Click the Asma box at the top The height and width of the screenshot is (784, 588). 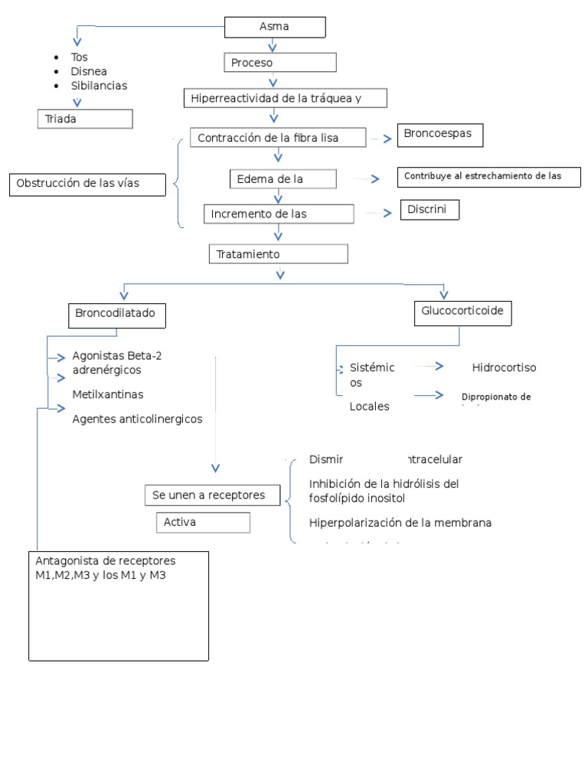coord(275,28)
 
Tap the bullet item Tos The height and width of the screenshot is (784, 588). coord(80,57)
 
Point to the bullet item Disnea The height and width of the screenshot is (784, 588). coord(88,71)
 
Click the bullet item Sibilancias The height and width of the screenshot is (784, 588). coord(99,86)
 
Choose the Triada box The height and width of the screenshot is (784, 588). coord(85,119)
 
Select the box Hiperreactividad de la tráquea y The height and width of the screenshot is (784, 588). coord(286,98)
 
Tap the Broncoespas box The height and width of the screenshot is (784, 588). coord(440,135)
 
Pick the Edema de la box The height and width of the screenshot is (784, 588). coord(283,179)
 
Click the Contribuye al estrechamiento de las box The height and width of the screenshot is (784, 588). coord(488,176)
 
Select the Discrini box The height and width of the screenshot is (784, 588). coord(430,210)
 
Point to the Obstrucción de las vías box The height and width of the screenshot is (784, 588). coord(88,184)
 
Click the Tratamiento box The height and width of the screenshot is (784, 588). coord(278,253)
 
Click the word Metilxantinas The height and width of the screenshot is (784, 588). coord(108,394)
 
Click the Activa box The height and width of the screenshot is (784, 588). coord(203,522)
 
